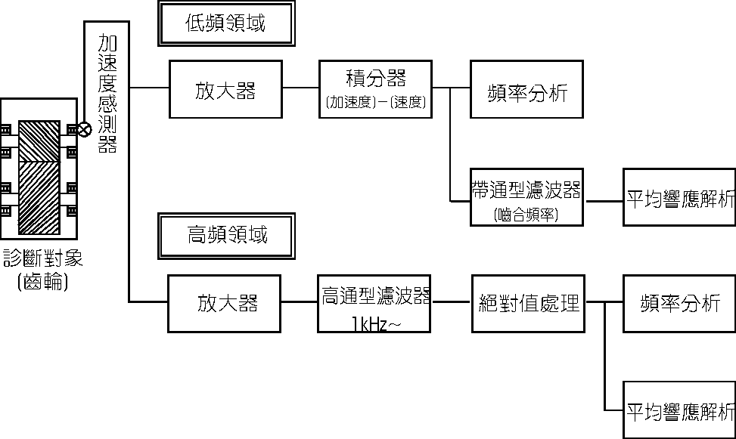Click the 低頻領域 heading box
tap(225, 23)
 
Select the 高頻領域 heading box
tap(226, 235)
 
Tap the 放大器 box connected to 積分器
tap(225, 90)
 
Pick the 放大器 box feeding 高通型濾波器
tap(225, 303)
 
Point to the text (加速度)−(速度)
tap(377, 104)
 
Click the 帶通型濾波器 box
tap(527, 190)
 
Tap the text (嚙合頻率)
tap(527, 215)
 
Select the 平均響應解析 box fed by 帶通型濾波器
tap(680, 198)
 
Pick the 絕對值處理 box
tap(529, 303)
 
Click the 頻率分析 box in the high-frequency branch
tap(679, 303)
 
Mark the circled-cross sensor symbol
tap(85, 129)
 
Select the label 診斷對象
tap(43, 259)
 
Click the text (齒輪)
tap(42, 283)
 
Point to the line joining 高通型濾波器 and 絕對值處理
tap(452, 303)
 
